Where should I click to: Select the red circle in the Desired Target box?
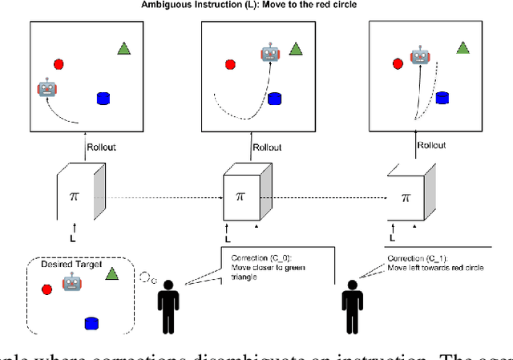46,289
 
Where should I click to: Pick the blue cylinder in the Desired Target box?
91,322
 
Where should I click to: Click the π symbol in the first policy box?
73,196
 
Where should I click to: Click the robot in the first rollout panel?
47,88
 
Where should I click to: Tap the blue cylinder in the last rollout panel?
442,98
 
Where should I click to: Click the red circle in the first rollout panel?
59,63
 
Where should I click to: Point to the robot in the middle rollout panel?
269,54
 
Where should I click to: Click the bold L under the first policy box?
71,238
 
